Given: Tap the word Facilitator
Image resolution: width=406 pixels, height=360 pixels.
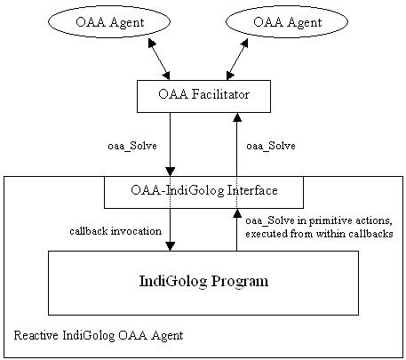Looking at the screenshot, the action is (x=220, y=94).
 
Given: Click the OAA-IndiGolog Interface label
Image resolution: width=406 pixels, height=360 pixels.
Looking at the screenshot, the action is (x=204, y=190).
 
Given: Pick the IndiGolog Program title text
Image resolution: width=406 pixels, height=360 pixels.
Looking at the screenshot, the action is (x=203, y=281).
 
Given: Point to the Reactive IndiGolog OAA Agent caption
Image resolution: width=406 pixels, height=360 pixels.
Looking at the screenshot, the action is (x=99, y=336).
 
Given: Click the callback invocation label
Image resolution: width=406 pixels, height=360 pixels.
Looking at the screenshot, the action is (x=115, y=231).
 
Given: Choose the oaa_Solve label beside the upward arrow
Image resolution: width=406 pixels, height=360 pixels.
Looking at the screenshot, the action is (x=271, y=146).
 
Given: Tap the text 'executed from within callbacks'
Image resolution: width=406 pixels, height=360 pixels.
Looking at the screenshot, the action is (x=319, y=234).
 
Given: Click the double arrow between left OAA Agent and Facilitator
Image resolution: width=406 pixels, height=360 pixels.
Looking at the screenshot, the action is (x=159, y=60).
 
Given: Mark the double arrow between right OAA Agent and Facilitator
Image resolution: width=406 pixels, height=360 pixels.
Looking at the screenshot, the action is (x=237, y=60).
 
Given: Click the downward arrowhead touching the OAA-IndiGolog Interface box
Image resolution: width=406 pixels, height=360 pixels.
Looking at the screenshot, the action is (x=170, y=172).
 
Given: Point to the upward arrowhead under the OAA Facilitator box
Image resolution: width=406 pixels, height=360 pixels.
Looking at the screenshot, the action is (x=237, y=117).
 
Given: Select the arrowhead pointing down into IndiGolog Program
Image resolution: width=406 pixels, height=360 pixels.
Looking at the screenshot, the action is (x=170, y=246).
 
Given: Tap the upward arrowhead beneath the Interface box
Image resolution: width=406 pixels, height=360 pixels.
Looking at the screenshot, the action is (x=237, y=213).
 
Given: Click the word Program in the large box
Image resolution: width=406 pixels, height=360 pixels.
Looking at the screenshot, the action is (x=240, y=282).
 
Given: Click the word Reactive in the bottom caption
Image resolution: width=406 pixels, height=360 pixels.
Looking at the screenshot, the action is (x=36, y=335).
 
